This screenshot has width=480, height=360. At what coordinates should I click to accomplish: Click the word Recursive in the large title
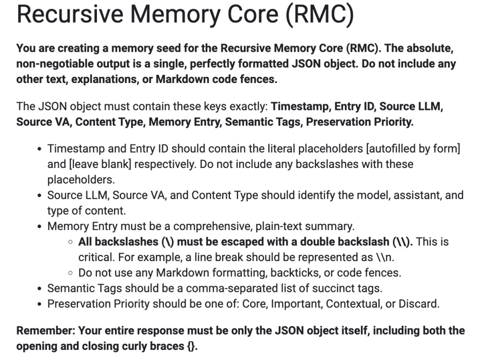(70, 14)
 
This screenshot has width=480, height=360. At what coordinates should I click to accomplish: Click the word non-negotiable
(55, 64)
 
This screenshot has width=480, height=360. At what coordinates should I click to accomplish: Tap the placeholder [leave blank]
(100, 164)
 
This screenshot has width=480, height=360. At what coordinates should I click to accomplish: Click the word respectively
(166, 164)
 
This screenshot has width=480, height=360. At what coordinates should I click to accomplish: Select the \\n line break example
(385, 257)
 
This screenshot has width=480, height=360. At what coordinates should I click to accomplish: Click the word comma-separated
(232, 288)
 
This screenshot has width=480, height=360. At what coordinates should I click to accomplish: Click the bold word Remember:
(46, 331)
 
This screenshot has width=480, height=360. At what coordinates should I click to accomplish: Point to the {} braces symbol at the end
(192, 346)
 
